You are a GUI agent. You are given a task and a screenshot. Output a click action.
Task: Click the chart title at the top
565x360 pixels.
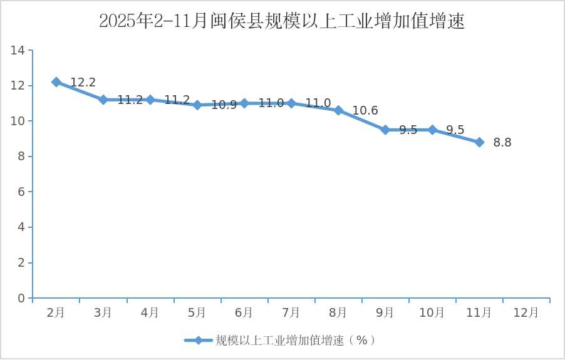[x=282, y=21]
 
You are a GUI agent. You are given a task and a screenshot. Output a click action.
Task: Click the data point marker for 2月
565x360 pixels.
[x=56, y=82]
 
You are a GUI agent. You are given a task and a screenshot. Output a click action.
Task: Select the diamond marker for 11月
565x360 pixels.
[x=479, y=142]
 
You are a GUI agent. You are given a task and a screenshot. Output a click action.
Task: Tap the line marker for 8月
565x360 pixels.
[x=338, y=110]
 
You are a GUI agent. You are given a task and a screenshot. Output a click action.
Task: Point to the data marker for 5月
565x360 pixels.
[x=197, y=105]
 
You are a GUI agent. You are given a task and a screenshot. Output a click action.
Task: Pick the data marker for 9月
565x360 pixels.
[x=385, y=130]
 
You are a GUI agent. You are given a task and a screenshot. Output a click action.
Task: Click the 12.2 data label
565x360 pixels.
[x=83, y=83]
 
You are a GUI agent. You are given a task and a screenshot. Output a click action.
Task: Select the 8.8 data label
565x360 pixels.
[x=502, y=143]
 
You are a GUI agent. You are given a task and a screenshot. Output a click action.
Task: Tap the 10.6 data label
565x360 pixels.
[x=365, y=111]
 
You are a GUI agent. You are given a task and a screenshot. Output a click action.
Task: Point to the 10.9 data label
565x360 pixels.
[x=224, y=105]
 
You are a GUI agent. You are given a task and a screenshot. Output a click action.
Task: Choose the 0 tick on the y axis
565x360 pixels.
[x=21, y=299]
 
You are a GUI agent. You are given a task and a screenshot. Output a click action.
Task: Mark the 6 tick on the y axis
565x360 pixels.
[x=21, y=192]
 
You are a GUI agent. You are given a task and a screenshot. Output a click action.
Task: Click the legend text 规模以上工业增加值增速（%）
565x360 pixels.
[x=296, y=341]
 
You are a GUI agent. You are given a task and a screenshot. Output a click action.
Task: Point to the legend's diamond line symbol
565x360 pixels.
[x=199, y=341]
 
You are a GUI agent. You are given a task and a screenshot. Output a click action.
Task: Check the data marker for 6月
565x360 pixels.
[x=244, y=103]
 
